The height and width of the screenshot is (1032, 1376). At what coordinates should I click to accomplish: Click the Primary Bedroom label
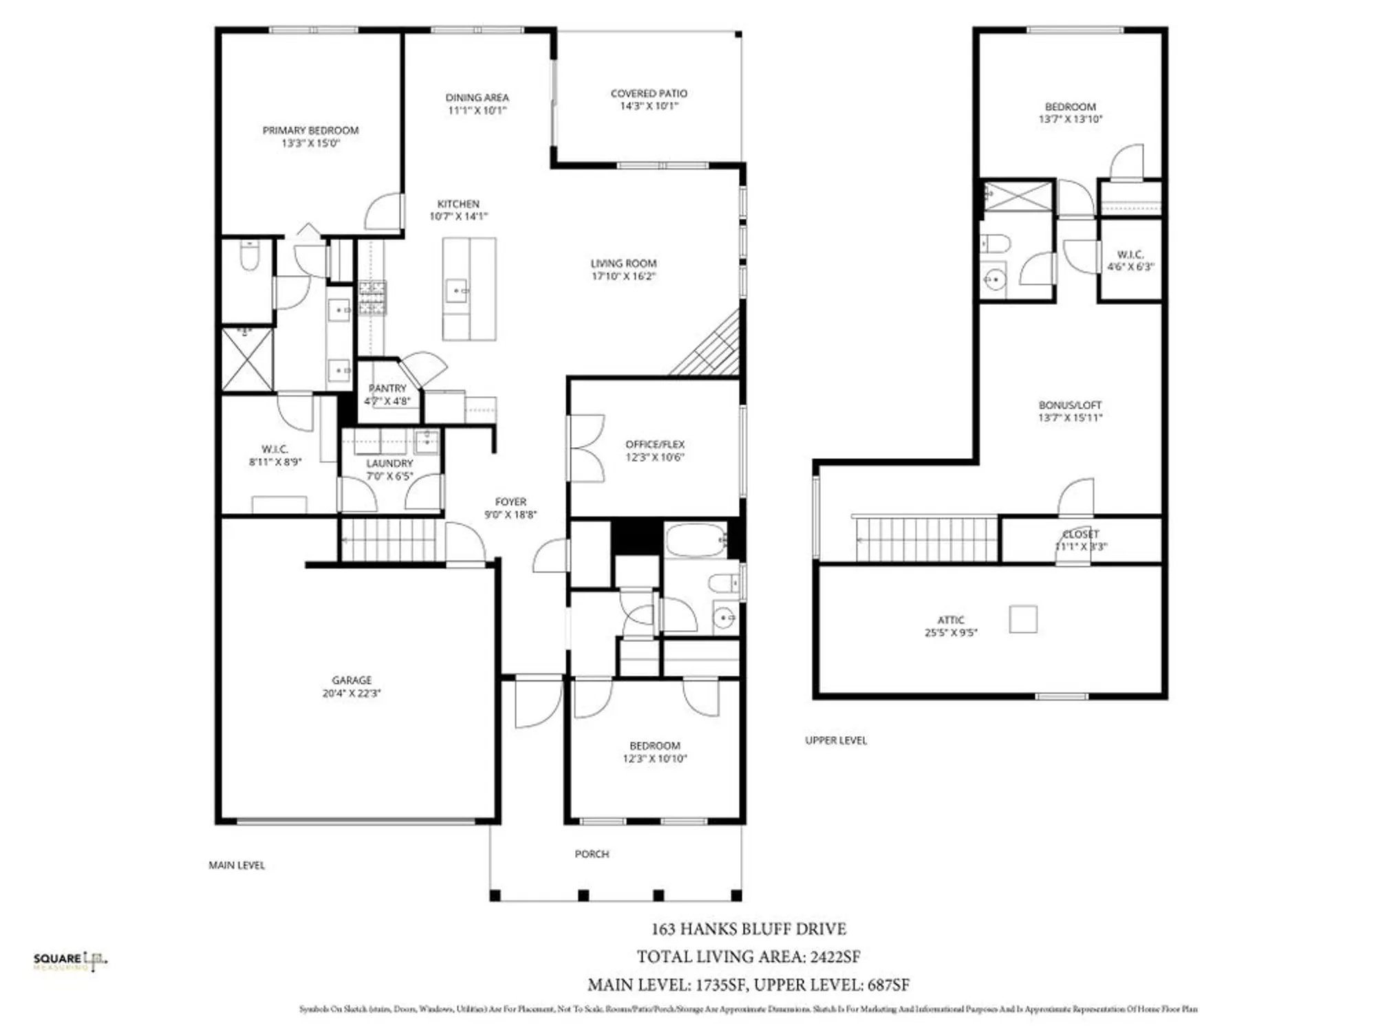tap(310, 131)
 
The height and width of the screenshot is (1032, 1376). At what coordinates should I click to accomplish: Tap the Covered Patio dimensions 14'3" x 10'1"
tap(649, 106)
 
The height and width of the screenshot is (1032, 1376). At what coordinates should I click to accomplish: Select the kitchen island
tap(469, 289)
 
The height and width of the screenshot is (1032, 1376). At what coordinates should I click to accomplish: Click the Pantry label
tap(387, 389)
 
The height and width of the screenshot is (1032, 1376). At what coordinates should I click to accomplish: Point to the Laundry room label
tap(389, 464)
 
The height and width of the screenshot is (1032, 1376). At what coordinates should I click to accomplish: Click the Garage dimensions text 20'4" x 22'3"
tap(351, 694)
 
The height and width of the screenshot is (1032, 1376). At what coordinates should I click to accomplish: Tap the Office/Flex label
tap(654, 444)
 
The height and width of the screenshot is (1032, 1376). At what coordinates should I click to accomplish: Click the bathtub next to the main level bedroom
tap(696, 540)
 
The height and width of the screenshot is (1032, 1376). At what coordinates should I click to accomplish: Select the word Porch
tap(592, 854)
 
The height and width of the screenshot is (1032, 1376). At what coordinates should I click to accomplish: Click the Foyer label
tap(510, 502)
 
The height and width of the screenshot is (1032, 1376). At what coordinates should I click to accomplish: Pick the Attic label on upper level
tap(951, 620)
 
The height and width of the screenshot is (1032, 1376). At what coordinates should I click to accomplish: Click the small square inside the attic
tap(1023, 619)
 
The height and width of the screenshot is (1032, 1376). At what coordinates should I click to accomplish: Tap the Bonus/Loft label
tap(1070, 405)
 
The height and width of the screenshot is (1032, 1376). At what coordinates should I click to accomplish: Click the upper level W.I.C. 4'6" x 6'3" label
tap(1130, 260)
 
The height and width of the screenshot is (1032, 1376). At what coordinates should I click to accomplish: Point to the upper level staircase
tap(925, 539)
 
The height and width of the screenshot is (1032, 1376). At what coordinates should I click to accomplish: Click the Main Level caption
tap(237, 865)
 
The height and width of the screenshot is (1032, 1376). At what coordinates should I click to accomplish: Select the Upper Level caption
tap(836, 740)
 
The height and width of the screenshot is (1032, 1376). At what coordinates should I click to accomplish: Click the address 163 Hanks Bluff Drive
tap(749, 929)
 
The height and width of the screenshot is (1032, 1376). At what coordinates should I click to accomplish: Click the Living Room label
tap(623, 264)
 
